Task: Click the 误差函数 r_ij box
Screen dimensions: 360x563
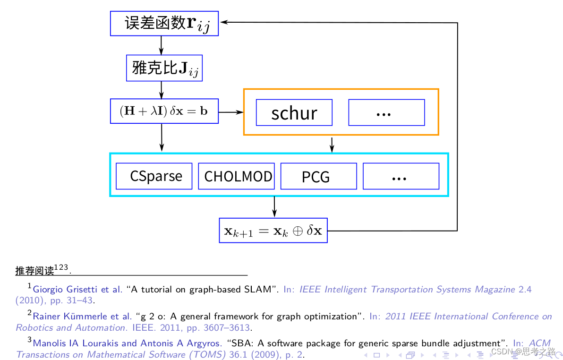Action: pyautogui.click(x=164, y=23)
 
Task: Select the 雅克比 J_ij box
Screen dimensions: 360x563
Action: pyautogui.click(x=164, y=68)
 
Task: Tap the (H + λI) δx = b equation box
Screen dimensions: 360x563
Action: pyautogui.click(x=164, y=111)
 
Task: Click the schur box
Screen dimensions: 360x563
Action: pyautogui.click(x=294, y=112)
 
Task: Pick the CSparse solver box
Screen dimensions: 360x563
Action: pyautogui.click(x=154, y=176)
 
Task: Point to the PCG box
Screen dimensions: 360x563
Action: pyautogui.click(x=318, y=176)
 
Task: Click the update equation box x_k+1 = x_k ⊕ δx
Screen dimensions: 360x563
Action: pyautogui.click(x=273, y=231)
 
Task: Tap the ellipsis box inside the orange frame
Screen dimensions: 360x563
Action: pyautogui.click(x=386, y=112)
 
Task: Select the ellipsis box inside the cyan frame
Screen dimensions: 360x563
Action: pyautogui.click(x=401, y=176)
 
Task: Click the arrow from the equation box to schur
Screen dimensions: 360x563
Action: pyautogui.click(x=230, y=112)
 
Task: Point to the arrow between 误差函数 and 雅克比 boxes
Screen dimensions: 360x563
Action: pyautogui.click(x=162, y=45)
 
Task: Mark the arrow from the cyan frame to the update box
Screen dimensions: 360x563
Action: pyautogui.click(x=274, y=207)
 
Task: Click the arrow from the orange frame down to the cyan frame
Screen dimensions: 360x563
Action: pyautogui.click(x=332, y=144)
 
